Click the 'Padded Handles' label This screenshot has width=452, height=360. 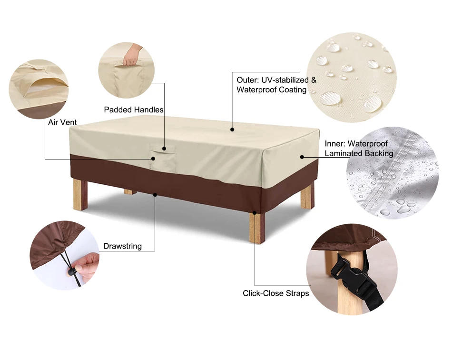134,110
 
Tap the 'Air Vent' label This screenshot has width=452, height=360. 62,122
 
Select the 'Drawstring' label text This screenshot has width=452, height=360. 123,246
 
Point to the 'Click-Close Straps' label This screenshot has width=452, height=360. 276,293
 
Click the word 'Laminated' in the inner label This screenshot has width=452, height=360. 344,153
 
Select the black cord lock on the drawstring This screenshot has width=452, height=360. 73,272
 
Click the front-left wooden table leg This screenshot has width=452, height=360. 80,194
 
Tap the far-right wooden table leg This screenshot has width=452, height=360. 307,196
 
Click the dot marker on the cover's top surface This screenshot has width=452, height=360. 232,129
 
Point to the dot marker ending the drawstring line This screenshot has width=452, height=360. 155,194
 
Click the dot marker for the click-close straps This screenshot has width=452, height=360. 255,213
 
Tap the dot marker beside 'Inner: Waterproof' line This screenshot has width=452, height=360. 302,156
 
